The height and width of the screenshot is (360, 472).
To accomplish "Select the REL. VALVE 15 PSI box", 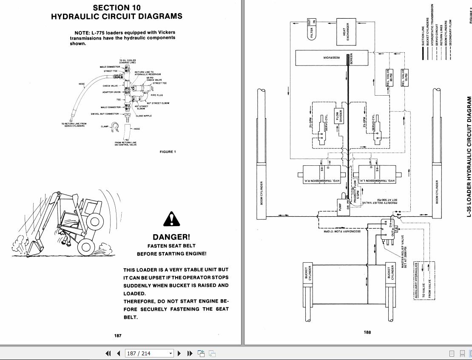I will tap(405, 78).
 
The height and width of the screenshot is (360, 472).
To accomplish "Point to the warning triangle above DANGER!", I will tap(171, 220).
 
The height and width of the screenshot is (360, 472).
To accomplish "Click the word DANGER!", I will tap(171, 237).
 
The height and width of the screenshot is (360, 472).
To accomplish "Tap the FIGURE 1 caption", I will tap(168, 152).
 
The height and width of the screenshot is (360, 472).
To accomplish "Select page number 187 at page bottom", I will tap(118, 335).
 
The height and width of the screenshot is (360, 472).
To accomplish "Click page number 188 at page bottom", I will tap(367, 332).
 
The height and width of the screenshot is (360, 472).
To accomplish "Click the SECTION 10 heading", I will tap(117, 7).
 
